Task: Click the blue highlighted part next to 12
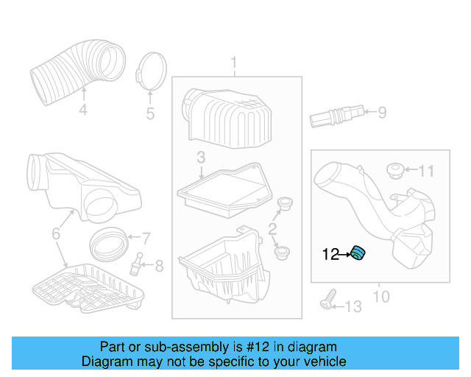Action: [358, 254]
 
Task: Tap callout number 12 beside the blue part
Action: [330, 255]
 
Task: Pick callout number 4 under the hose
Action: [83, 110]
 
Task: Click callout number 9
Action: [381, 113]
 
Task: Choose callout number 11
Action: [427, 172]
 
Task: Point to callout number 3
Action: [200, 157]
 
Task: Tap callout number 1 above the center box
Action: [235, 62]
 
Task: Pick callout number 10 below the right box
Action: [380, 297]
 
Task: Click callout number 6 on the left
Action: [56, 234]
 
